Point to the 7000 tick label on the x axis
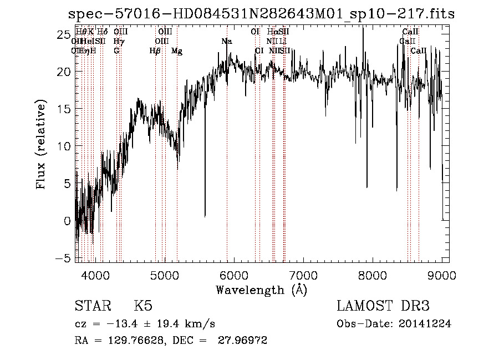point(303,275)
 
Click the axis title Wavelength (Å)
point(261,290)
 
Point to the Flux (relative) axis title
point(41,145)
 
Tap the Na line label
point(226,42)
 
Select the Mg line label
point(177,51)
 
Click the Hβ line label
point(155,51)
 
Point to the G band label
point(116,51)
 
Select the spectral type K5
point(143,306)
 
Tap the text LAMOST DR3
point(383,306)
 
